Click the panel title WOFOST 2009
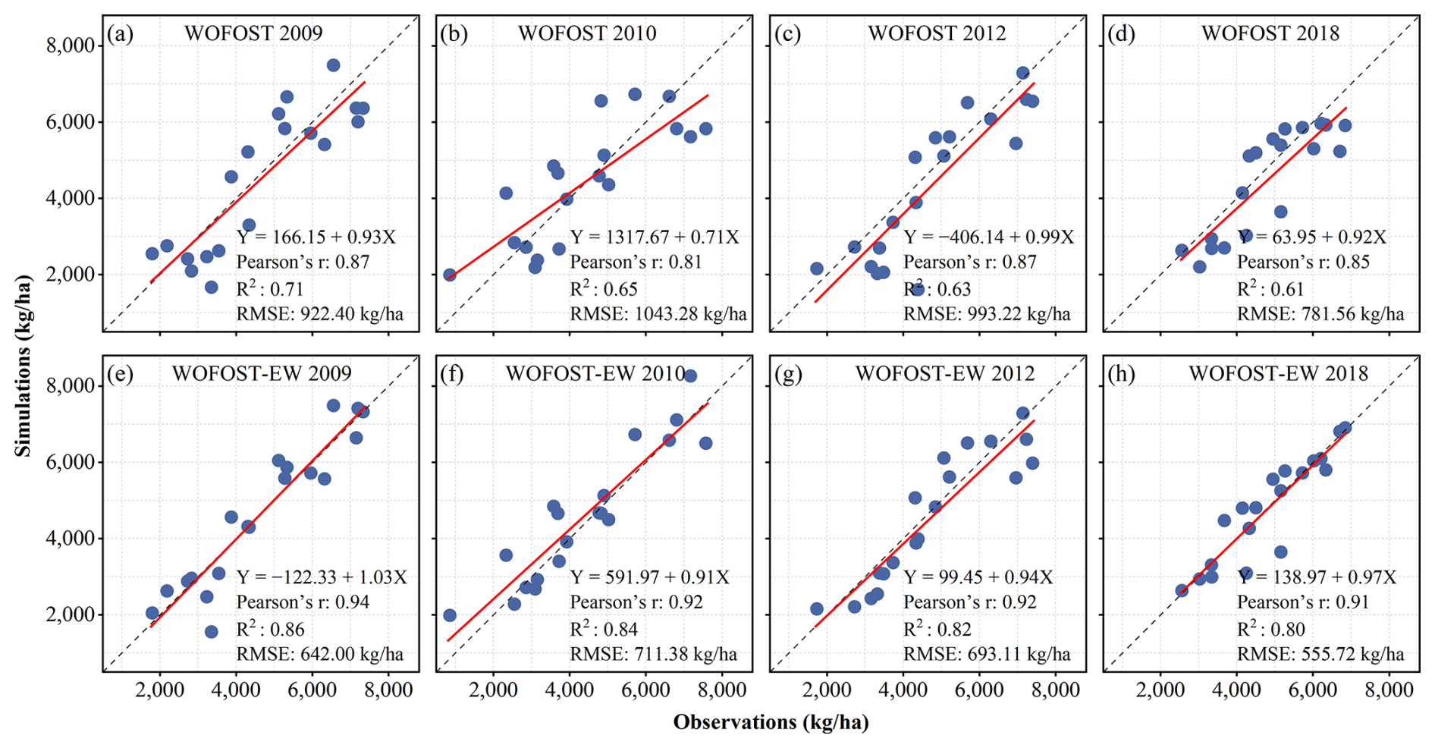tap(253, 33)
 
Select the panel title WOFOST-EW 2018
tap(1278, 373)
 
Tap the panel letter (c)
tap(788, 34)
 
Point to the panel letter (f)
tap(453, 374)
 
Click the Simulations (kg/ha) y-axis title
tap(24, 366)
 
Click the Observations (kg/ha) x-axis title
tap(771, 722)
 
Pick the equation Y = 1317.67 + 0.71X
tap(655, 237)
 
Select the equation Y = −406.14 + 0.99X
tap(988, 237)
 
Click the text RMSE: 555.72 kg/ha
tap(1320, 654)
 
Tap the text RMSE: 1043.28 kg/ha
tap(658, 314)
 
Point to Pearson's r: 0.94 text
tap(303, 602)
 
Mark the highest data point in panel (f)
tap(690, 376)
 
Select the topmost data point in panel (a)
tap(333, 65)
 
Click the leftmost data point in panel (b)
tap(450, 275)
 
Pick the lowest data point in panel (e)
tap(212, 632)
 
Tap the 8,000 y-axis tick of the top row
tap(70, 46)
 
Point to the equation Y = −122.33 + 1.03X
tap(322, 577)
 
